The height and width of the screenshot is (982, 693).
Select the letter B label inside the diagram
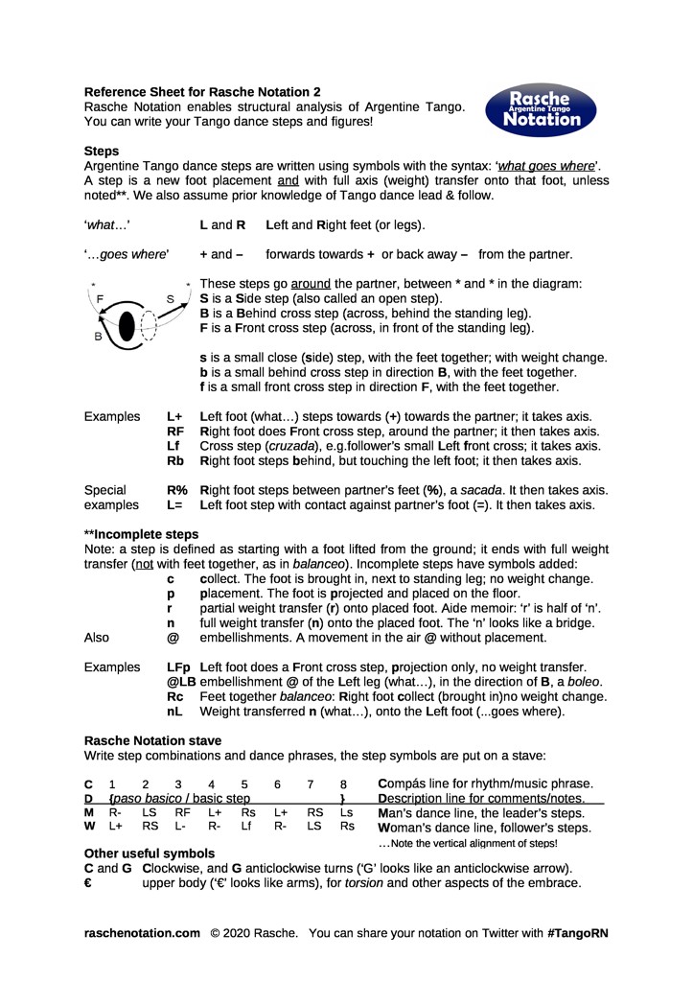98,338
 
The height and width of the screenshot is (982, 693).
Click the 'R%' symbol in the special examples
176,490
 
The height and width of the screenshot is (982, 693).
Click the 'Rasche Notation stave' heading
152,740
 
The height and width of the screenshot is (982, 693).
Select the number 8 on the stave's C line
342,783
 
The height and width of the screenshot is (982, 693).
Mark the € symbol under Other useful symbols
88,882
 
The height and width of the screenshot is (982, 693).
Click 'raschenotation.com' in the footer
142,932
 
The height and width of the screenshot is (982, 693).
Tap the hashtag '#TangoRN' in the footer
578,932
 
